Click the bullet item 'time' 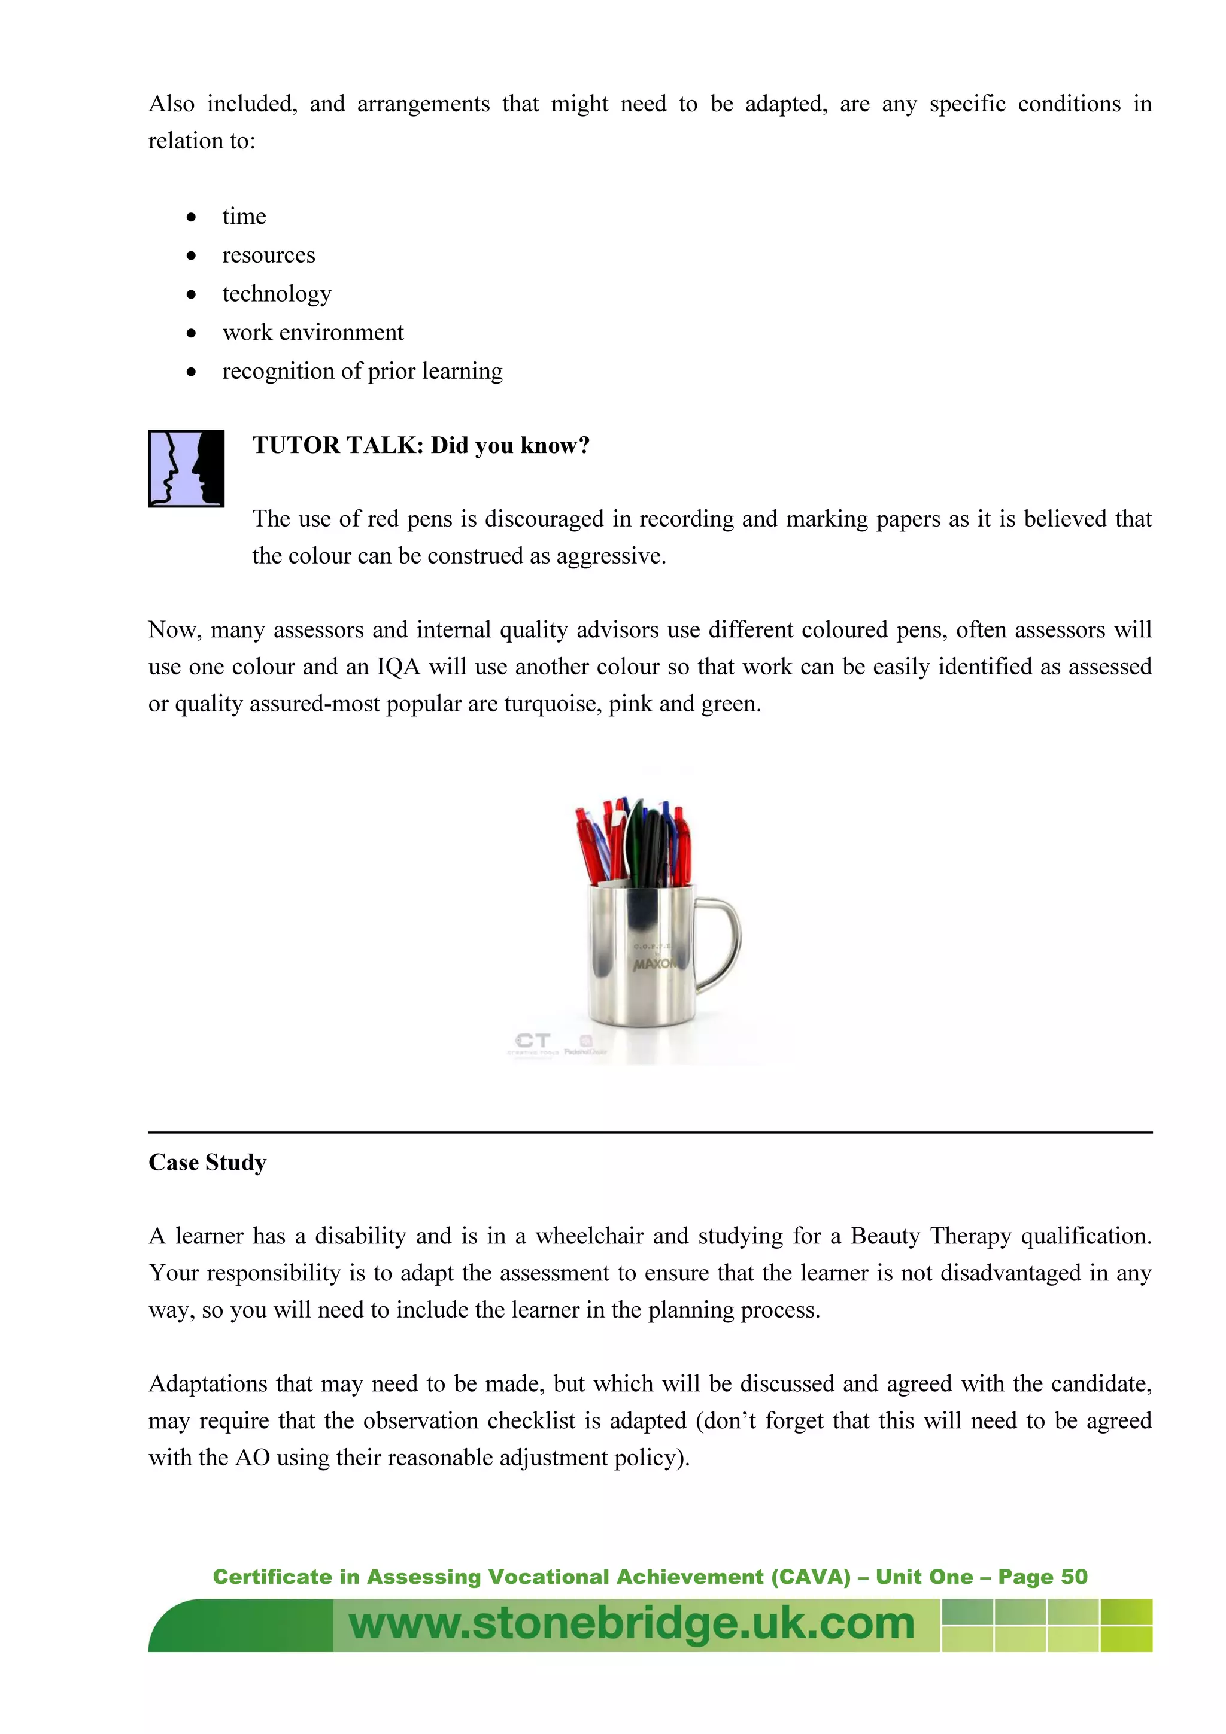click(244, 217)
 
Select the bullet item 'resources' click(268, 255)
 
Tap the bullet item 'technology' click(277, 294)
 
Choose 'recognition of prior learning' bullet click(362, 371)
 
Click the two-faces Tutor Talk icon click(186, 469)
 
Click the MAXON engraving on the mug click(654, 965)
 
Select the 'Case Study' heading click(207, 1163)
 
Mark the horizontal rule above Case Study click(650, 1132)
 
